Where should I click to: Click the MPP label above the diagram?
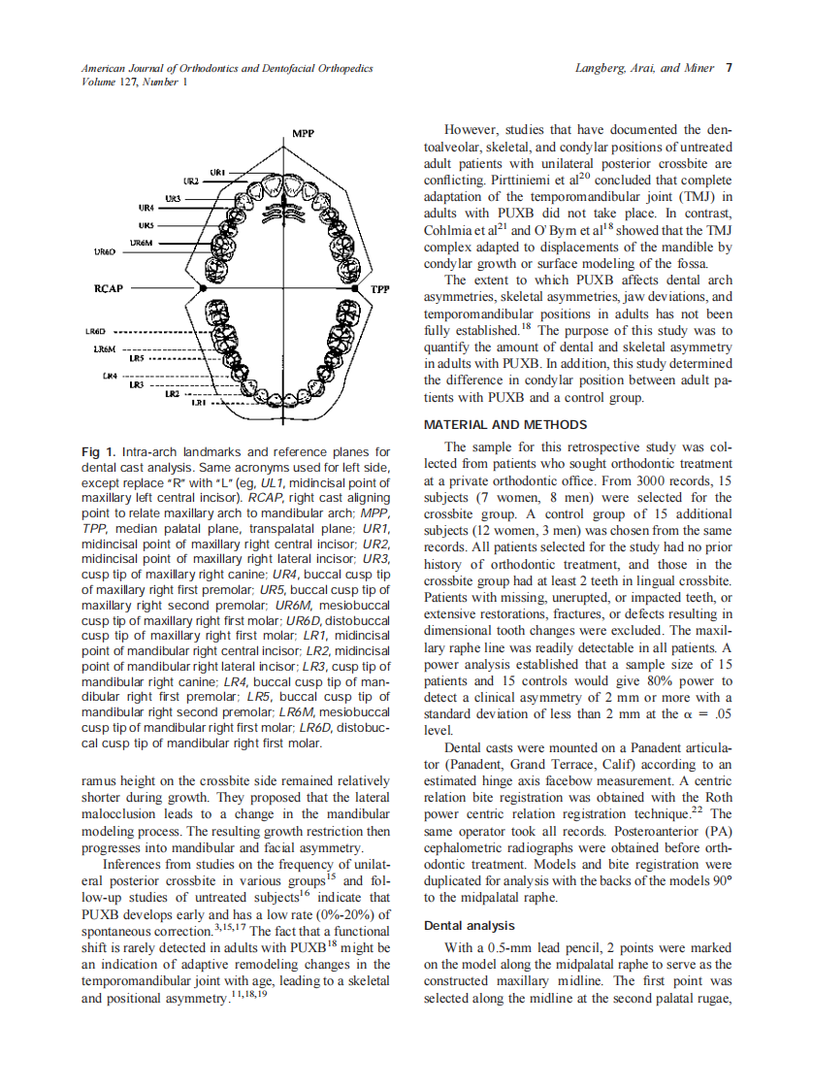click(303, 132)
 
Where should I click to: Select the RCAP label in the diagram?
click(108, 288)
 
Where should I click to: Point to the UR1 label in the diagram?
click(218, 171)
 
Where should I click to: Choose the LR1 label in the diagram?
click(199, 401)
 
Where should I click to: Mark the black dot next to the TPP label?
click(368, 288)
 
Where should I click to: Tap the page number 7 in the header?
click(728, 68)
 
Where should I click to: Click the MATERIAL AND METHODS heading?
click(505, 425)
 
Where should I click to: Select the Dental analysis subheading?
click(469, 925)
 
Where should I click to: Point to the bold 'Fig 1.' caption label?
click(98, 452)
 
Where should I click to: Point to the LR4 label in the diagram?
click(111, 375)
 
